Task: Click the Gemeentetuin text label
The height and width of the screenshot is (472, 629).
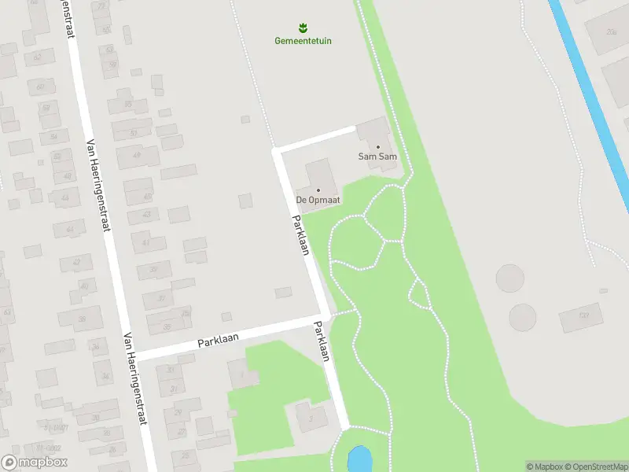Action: click(303, 40)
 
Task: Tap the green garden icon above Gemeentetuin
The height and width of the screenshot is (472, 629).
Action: click(303, 28)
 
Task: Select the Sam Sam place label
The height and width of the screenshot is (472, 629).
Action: click(377, 157)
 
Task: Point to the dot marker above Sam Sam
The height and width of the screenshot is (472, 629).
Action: click(377, 146)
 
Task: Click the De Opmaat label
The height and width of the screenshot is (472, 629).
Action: click(318, 201)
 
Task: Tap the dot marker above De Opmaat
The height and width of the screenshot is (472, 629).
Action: click(318, 190)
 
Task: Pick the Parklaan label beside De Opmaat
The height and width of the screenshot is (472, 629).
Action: click(300, 234)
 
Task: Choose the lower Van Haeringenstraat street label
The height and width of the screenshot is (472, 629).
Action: click(135, 378)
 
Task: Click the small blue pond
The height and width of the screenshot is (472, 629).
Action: click(358, 457)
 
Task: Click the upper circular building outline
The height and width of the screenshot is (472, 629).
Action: click(509, 278)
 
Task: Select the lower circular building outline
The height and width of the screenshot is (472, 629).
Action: click(523, 317)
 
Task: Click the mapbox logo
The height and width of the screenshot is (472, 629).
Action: click(35, 463)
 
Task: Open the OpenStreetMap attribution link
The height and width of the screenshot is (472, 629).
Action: click(595, 466)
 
